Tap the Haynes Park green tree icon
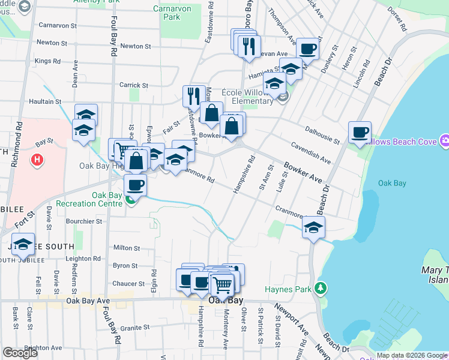321,289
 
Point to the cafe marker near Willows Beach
360,132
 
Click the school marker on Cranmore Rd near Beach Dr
313,227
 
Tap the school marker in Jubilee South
23,244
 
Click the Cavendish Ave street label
311,153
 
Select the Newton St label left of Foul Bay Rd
52,43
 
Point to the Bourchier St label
83,221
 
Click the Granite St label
134,328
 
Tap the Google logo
20,352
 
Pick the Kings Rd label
47,61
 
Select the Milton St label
126,248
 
